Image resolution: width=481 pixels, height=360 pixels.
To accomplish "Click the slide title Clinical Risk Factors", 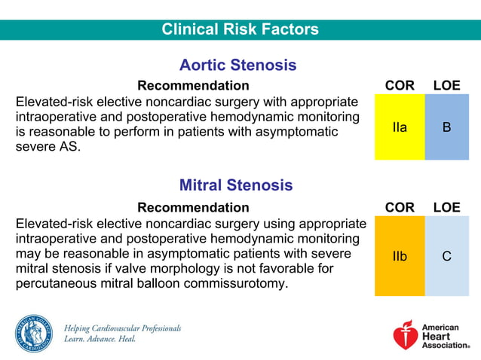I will coord(240,29).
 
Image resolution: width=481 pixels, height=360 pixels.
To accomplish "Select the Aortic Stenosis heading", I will coord(237,66).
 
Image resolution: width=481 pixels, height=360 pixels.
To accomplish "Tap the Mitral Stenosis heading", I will coord(236,185).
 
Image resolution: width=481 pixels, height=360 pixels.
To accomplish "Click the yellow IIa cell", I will coord(400,127).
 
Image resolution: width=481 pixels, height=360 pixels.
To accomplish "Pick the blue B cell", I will coord(447,127).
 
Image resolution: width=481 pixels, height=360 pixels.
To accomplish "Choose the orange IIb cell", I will coord(400,256).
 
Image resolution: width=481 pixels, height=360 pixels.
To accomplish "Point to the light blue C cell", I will coord(447,256).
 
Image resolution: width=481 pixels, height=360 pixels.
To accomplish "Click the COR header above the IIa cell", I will coord(400,86).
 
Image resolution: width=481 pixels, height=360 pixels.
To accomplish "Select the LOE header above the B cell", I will coord(446,86).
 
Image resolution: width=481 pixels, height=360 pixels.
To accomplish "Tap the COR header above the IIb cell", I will coord(400,207).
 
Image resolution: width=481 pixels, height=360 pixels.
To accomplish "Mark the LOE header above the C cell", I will coord(446,207).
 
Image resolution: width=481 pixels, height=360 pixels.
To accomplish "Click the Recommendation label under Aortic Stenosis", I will coord(193,86).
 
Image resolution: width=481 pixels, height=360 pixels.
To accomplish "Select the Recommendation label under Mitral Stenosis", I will coord(193,207).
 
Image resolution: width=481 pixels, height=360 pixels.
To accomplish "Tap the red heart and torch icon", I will coord(406,336).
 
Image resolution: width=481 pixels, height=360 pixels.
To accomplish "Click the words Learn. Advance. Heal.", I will coord(100,340).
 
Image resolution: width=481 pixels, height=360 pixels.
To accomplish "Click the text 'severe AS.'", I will coord(47,147).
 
